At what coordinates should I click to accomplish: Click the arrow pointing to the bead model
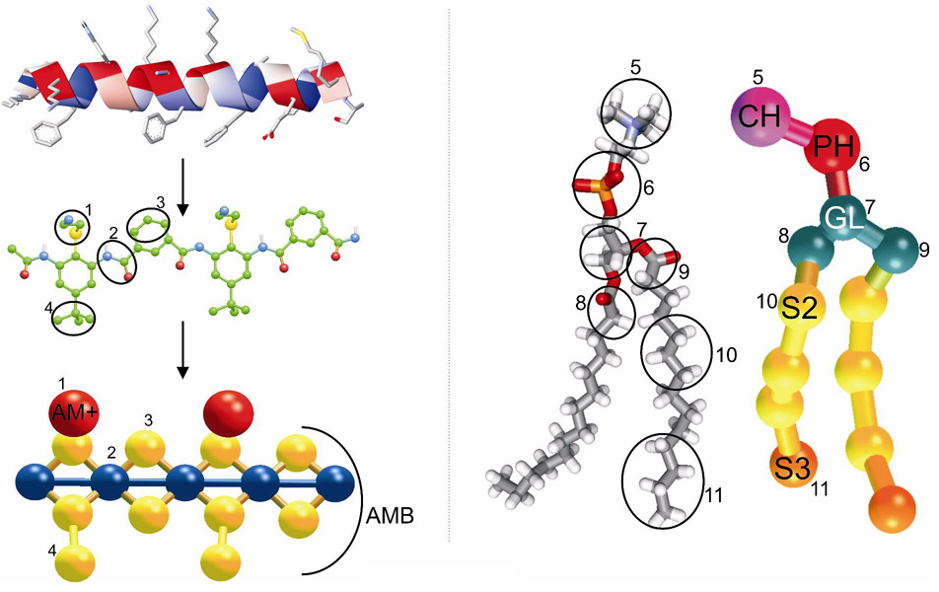182,359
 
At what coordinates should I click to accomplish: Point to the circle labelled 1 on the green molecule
71,228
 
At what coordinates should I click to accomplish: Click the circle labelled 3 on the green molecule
149,229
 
